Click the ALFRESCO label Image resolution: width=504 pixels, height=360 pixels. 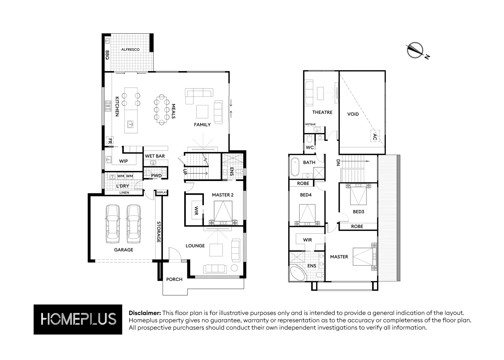(130, 49)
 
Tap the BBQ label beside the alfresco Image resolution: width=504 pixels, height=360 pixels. (107, 55)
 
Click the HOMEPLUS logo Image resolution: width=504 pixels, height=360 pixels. (78, 319)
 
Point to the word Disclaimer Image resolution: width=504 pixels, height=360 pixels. (145, 313)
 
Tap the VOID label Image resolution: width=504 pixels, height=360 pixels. (353, 114)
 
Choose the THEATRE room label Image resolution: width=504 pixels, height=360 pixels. (322, 112)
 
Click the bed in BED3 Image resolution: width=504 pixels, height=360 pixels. (358, 195)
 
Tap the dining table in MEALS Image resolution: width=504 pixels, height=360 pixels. (161, 109)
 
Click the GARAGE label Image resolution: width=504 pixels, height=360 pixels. (124, 250)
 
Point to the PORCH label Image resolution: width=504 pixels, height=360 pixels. (174, 279)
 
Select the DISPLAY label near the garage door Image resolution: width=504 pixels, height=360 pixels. (162, 192)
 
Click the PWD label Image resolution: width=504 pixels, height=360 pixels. (156, 176)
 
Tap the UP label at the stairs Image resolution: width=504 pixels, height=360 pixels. (185, 172)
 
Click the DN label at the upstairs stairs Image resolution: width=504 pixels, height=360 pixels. (338, 163)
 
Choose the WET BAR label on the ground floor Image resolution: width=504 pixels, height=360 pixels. (155, 156)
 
